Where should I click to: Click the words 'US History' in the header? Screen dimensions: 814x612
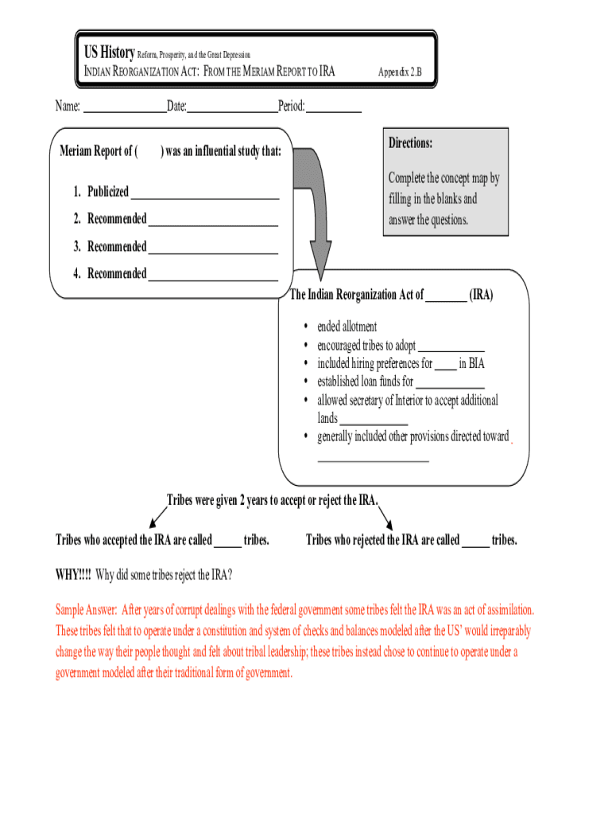pos(110,52)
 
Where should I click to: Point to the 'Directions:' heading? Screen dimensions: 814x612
pos(410,143)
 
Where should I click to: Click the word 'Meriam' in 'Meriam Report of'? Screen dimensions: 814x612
pos(77,151)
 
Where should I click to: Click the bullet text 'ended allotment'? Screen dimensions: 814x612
pos(347,327)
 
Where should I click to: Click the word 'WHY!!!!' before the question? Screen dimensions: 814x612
pos(73,575)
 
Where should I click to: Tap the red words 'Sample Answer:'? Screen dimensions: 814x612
pos(86,610)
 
